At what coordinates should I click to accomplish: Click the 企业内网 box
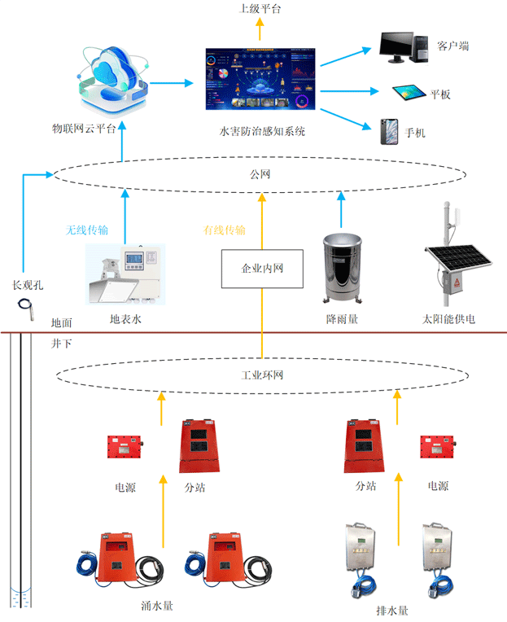[262, 267]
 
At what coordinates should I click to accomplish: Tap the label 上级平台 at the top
[260, 9]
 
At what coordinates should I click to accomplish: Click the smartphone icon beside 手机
[388, 131]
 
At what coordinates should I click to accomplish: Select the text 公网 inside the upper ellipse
[259, 174]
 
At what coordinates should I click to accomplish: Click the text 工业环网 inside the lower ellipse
[261, 375]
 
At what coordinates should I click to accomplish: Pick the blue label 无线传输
[87, 230]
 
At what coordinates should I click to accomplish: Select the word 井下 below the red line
[62, 344]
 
